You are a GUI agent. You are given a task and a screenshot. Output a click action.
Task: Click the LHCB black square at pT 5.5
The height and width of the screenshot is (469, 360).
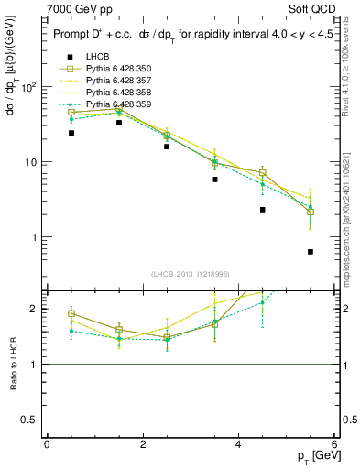(311, 251)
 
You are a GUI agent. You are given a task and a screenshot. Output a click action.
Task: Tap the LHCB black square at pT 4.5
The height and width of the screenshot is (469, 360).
(263, 210)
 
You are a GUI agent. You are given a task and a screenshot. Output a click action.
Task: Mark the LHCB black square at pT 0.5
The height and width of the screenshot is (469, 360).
(71, 133)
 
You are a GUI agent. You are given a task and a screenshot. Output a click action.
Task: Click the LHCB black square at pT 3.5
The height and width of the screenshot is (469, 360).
(214, 180)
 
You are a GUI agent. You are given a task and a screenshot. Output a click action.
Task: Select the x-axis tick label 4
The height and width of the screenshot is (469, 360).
(238, 444)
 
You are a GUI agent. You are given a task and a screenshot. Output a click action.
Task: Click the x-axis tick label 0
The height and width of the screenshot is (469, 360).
(47, 444)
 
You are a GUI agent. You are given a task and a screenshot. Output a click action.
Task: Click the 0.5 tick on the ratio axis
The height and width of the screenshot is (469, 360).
(33, 420)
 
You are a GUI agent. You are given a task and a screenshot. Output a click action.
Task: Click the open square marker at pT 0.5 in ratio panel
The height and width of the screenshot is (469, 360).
(71, 314)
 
